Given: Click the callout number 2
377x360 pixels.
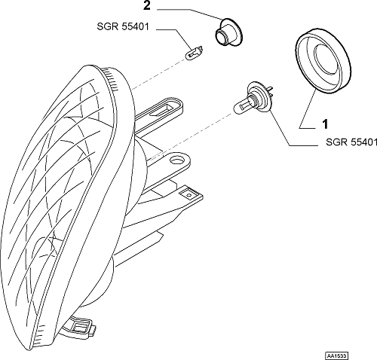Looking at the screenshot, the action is [x=147, y=6].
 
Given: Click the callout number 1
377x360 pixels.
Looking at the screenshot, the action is [x=325, y=124].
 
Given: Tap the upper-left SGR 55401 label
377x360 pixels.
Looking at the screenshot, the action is [x=123, y=26].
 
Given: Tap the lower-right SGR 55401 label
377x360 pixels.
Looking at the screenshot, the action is [x=351, y=142].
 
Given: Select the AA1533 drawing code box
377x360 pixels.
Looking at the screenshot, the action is [x=337, y=355].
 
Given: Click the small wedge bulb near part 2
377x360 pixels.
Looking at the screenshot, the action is [x=195, y=52].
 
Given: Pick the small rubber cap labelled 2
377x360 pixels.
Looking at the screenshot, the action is [x=228, y=32].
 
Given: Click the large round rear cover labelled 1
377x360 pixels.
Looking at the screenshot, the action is [x=323, y=61].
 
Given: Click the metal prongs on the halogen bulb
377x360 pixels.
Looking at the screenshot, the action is [x=269, y=91].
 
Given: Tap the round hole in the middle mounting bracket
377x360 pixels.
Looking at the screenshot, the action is [x=177, y=160].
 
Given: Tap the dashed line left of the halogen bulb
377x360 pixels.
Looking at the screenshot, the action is [x=190, y=136].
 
